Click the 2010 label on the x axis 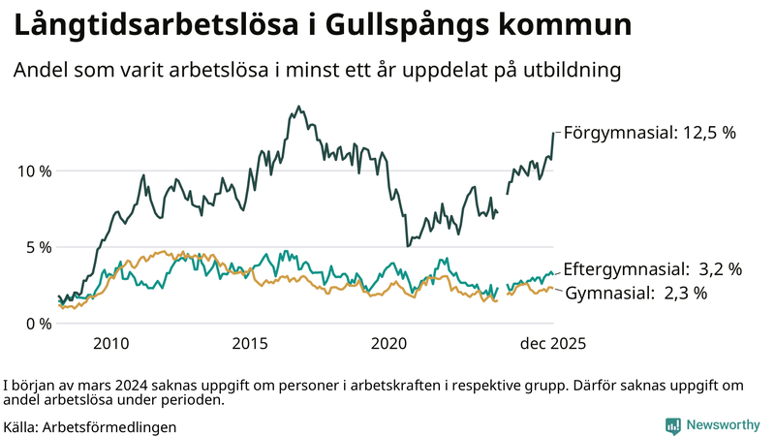111,343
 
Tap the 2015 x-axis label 250,343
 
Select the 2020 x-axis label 389,343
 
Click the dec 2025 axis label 554,343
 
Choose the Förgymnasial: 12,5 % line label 650,133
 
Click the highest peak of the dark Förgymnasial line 298,107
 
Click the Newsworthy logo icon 672,425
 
